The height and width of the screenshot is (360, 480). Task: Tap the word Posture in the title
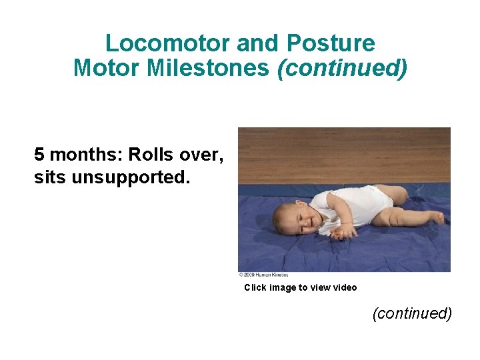(x=331, y=44)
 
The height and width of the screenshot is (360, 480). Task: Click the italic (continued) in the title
(x=341, y=68)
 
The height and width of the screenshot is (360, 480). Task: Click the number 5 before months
(x=39, y=155)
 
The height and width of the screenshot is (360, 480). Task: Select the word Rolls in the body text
(x=148, y=155)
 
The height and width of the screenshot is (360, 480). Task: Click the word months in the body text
(x=83, y=155)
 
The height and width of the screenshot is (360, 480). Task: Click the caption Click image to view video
(x=300, y=288)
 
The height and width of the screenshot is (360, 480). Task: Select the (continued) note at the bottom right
(x=412, y=313)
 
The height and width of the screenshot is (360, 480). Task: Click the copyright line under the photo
(x=263, y=275)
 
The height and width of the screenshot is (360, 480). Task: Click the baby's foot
(x=436, y=218)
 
